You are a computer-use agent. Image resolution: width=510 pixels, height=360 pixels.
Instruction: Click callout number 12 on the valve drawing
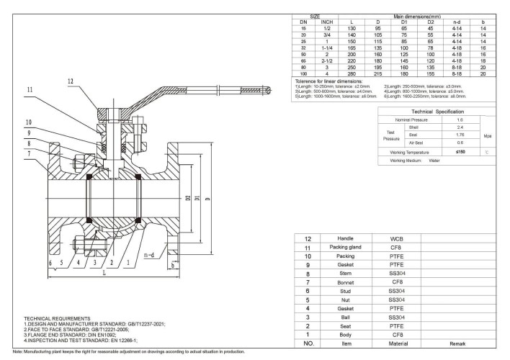point(70,81)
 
